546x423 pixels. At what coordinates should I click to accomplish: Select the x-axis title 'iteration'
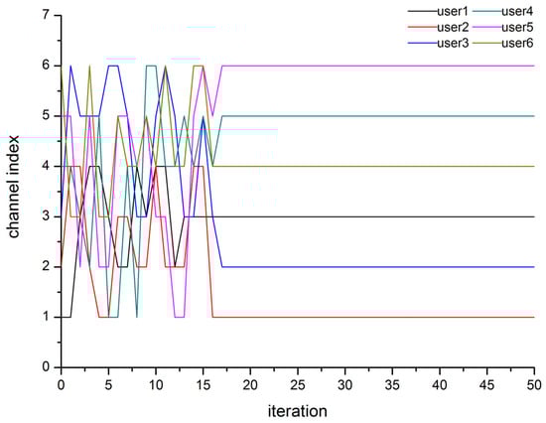pyautogui.click(x=298, y=409)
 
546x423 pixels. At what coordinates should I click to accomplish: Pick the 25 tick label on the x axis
pyautogui.click(x=298, y=382)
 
